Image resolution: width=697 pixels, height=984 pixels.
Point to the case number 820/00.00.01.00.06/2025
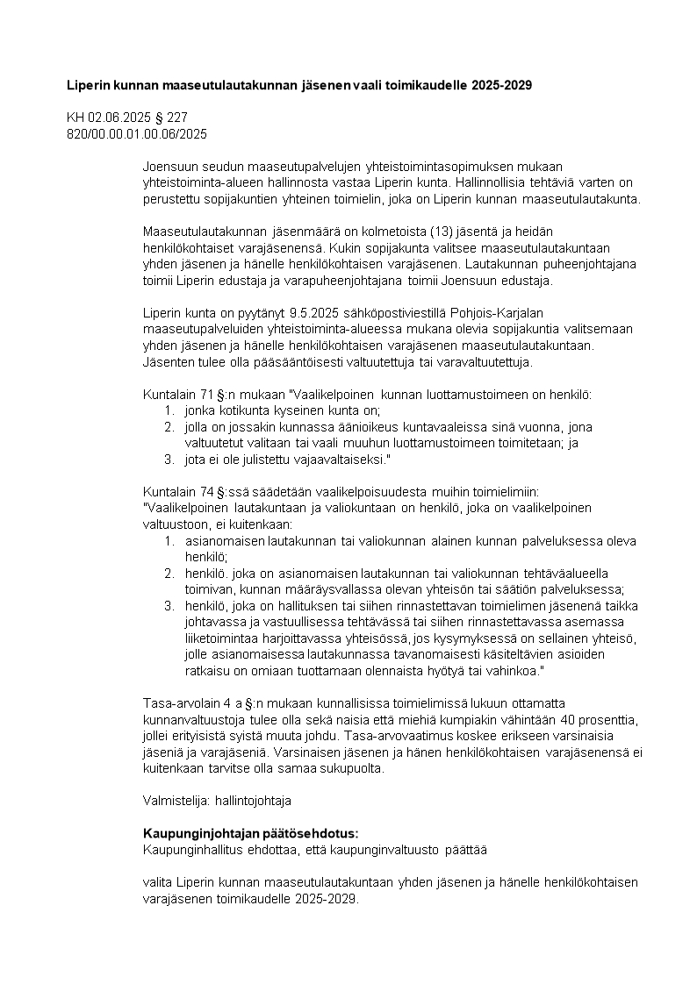[x=137, y=132]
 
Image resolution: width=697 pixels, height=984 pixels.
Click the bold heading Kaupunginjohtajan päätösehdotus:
[x=250, y=833]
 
